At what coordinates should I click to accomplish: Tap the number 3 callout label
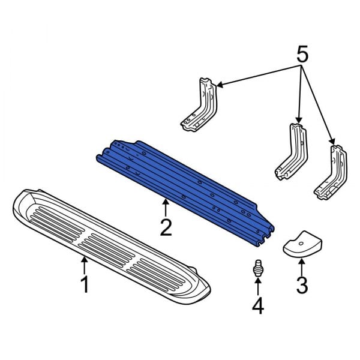302,284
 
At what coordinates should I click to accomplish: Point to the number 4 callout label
257,307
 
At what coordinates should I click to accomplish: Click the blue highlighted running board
186,186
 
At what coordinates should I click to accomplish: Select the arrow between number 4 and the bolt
257,288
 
